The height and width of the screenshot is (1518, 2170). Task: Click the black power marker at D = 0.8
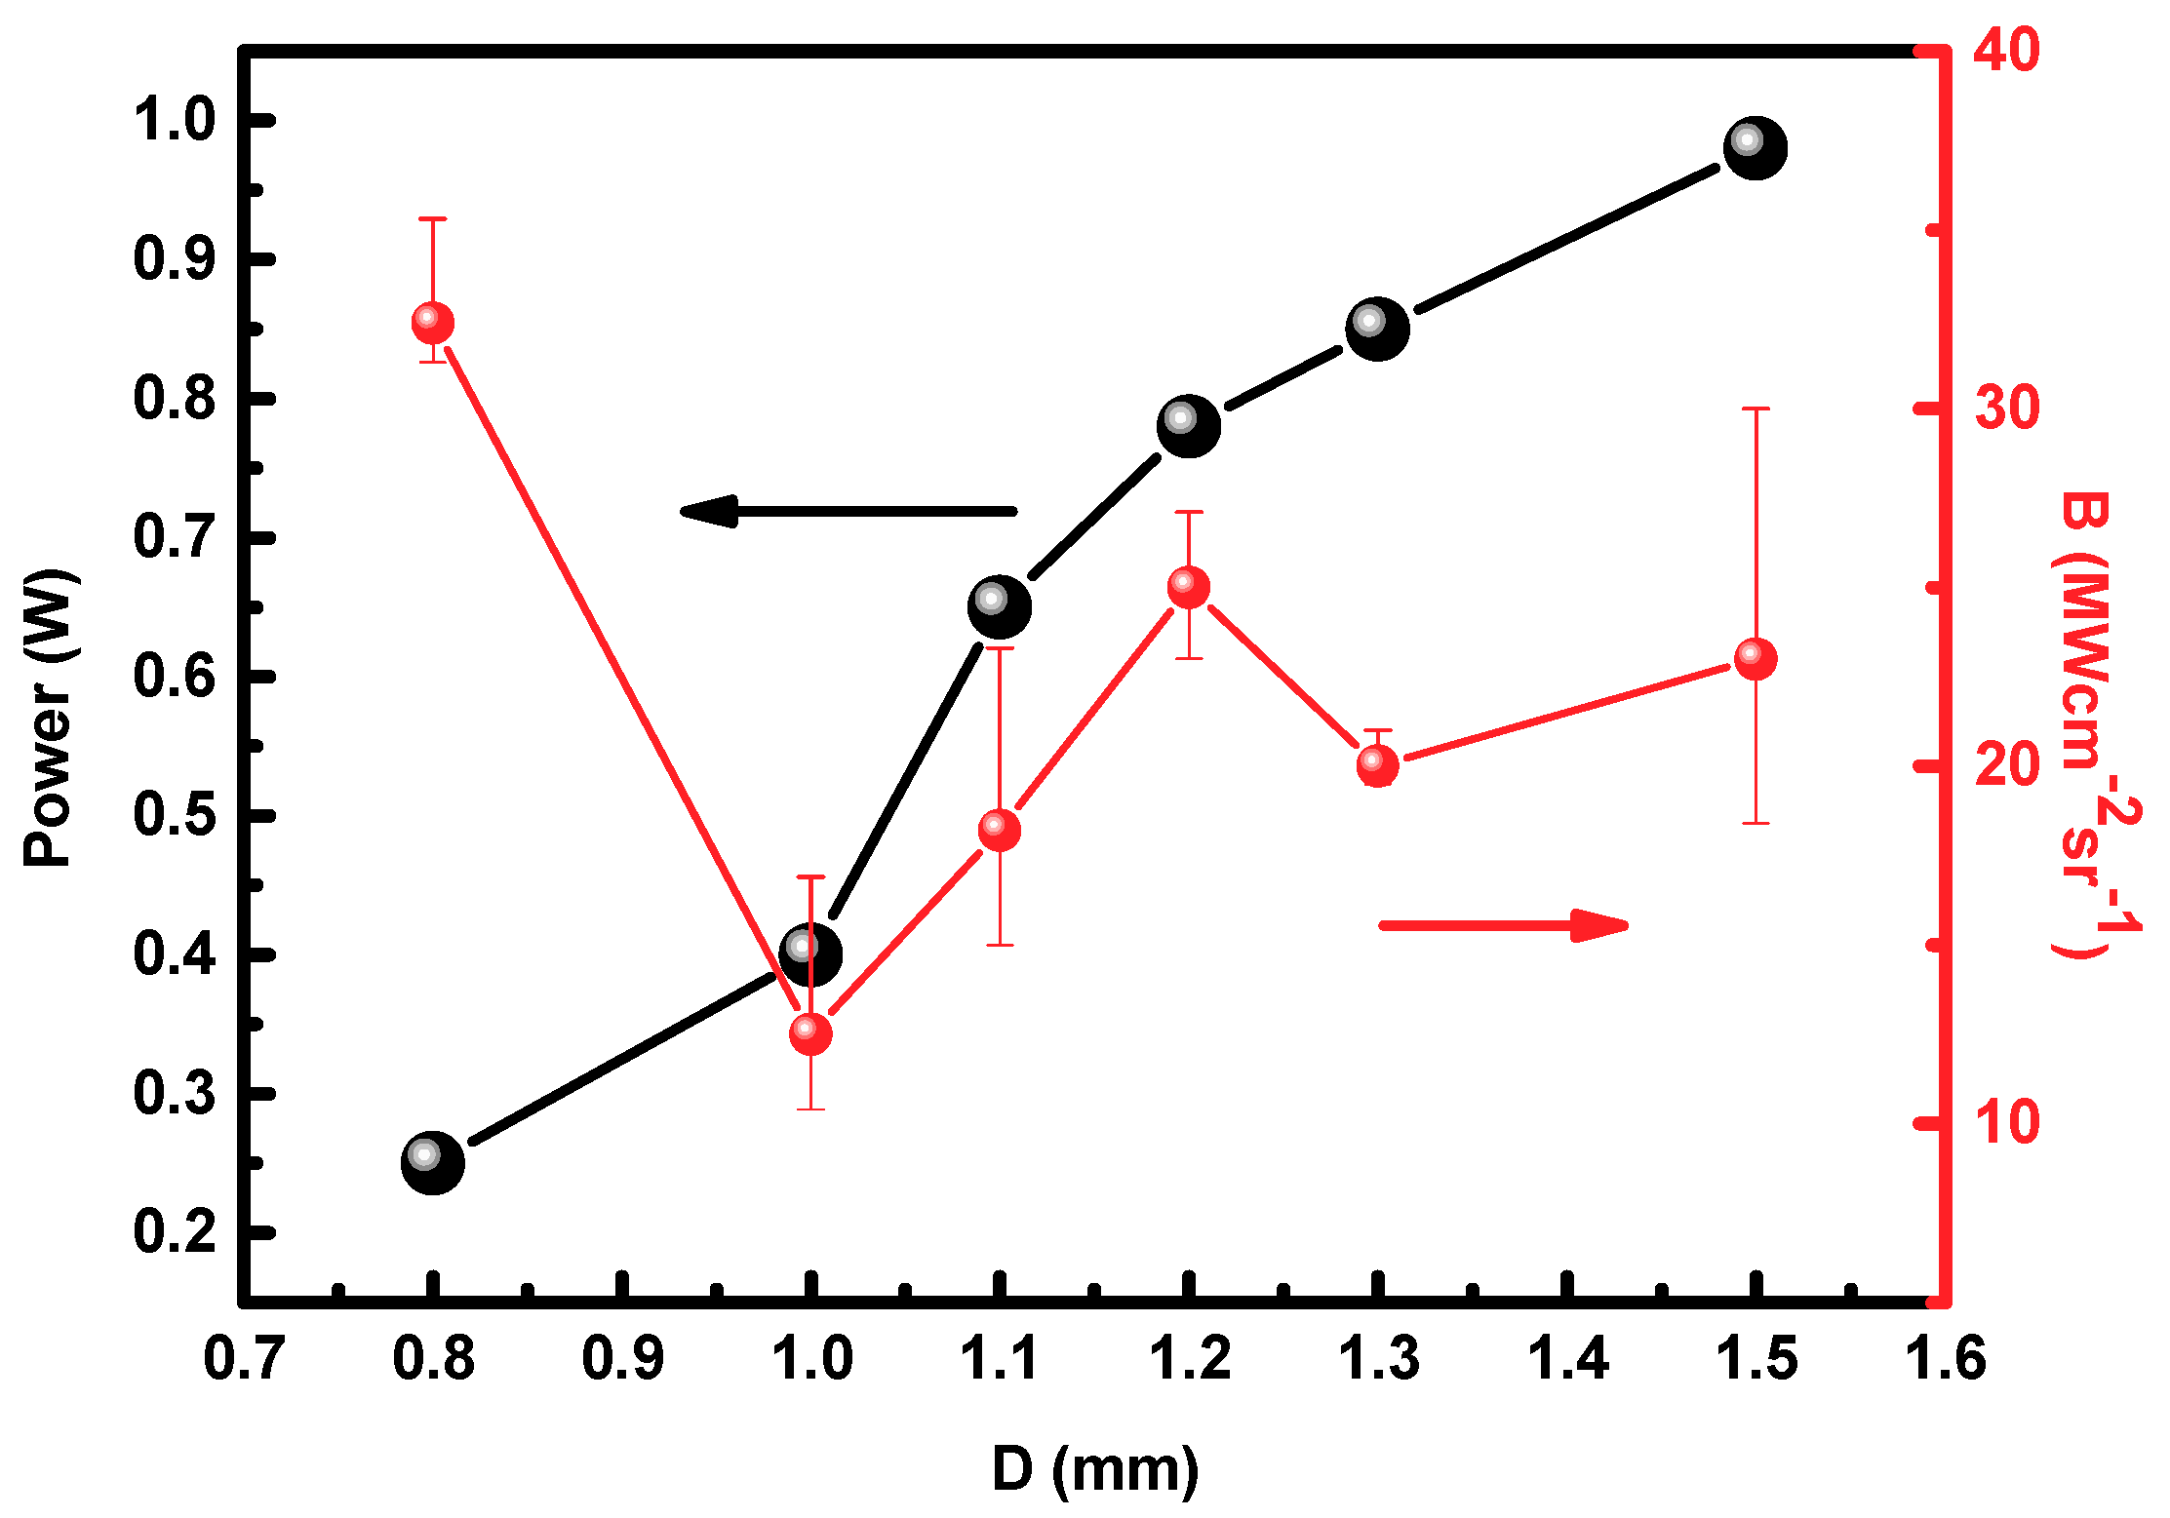click(x=432, y=1162)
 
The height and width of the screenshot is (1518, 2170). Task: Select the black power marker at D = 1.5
click(x=1755, y=148)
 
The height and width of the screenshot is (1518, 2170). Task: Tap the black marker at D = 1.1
click(x=999, y=606)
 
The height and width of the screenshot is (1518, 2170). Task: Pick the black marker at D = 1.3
click(x=1377, y=329)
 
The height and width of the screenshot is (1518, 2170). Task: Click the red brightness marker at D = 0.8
click(x=432, y=323)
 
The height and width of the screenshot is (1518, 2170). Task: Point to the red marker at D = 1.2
click(x=1188, y=587)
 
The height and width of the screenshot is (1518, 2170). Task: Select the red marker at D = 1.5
click(x=1755, y=659)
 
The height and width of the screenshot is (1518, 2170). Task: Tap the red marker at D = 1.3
click(x=1377, y=766)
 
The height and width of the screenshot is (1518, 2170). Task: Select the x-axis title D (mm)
click(x=1094, y=1470)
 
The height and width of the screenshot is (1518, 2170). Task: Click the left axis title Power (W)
click(x=49, y=718)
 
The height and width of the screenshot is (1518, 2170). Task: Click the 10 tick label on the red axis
click(x=2006, y=1122)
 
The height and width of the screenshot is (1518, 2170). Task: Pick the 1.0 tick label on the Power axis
click(x=174, y=121)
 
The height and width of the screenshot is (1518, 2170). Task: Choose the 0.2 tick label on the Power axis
click(x=174, y=1232)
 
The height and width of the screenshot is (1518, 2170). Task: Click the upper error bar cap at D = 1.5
click(x=1755, y=409)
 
